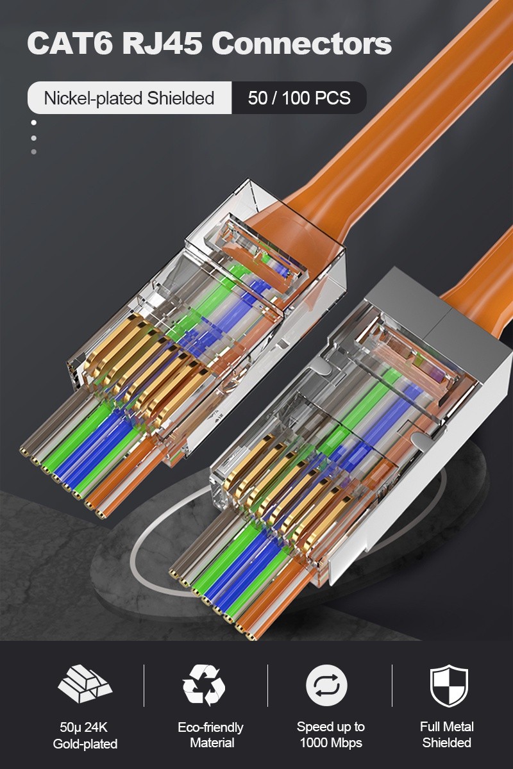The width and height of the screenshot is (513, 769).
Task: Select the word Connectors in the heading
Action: (x=301, y=44)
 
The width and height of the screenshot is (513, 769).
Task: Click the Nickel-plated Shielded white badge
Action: (x=129, y=98)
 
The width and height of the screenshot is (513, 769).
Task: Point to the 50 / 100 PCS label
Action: (x=299, y=98)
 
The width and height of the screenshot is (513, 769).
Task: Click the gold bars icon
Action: (x=85, y=685)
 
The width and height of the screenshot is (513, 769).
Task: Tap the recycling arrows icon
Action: (x=204, y=685)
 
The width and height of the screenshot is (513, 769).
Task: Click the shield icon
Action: (x=448, y=685)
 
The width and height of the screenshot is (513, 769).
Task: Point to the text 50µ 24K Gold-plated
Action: (x=85, y=735)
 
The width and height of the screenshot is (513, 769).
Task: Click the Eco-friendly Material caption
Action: (x=210, y=735)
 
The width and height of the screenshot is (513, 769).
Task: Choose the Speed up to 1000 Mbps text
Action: (x=330, y=735)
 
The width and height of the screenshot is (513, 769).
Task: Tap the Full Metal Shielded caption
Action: (x=447, y=734)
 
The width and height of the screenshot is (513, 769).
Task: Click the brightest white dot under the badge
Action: (x=34, y=123)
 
